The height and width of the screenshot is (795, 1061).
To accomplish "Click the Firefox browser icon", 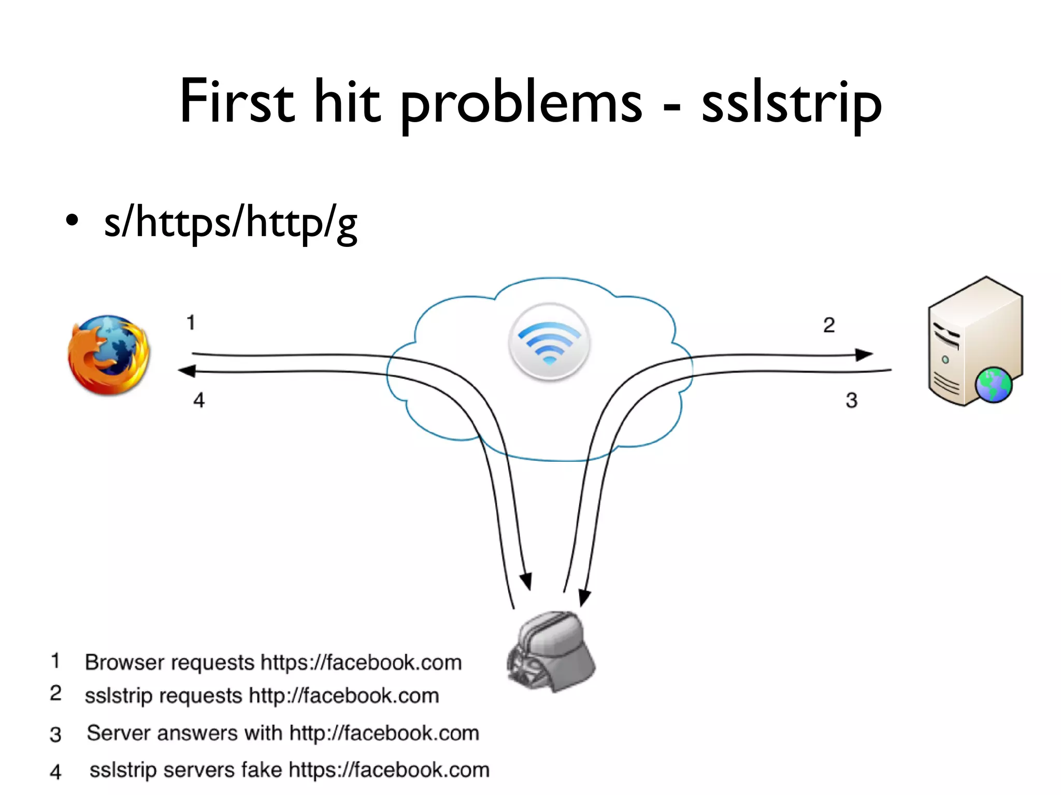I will click(109, 355).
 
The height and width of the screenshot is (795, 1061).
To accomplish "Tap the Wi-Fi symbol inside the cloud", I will click(550, 342).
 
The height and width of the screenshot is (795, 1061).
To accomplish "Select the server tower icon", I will click(974, 342).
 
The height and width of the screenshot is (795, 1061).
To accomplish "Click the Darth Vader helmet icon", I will click(551, 652).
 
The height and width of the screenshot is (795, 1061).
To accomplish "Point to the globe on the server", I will click(993, 385).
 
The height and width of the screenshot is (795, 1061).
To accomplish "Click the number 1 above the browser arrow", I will click(191, 323).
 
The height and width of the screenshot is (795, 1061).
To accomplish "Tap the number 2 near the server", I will click(829, 325).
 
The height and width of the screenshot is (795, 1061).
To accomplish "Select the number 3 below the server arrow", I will click(852, 400).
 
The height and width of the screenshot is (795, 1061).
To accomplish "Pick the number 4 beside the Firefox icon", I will click(199, 400).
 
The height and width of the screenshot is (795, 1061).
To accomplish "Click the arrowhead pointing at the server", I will click(864, 355).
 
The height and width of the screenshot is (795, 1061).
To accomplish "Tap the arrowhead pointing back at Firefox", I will click(186, 371).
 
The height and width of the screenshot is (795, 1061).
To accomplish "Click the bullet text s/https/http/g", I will click(231, 223).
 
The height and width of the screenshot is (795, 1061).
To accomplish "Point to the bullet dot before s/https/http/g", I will click(73, 221).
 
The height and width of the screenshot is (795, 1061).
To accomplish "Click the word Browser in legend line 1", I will click(118, 662).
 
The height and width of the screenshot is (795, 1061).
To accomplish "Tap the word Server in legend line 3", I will click(118, 733).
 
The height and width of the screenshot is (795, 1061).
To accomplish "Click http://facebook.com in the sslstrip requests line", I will click(344, 696).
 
